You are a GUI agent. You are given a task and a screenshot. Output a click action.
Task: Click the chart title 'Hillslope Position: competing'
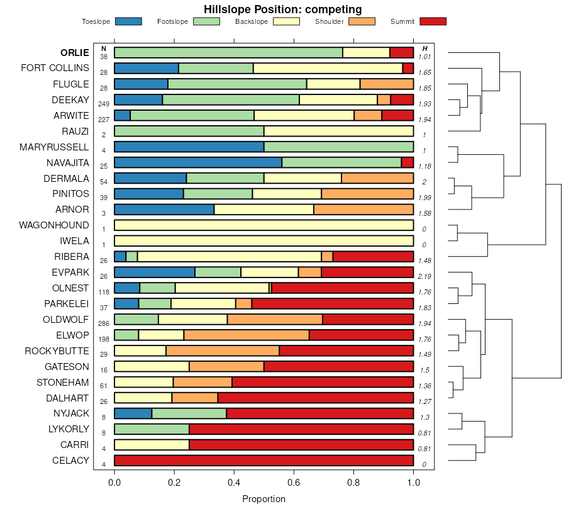(282, 9)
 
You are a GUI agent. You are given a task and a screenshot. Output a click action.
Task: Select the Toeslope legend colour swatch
(128, 21)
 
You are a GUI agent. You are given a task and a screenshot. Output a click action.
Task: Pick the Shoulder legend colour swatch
(361, 21)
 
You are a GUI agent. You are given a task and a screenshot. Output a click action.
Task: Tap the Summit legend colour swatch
(432, 21)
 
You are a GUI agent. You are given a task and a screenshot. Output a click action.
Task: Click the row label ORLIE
(74, 52)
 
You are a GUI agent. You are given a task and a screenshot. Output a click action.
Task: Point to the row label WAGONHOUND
(54, 225)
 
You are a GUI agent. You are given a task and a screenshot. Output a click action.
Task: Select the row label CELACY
(70, 461)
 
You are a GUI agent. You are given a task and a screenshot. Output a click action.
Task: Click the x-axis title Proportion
(264, 499)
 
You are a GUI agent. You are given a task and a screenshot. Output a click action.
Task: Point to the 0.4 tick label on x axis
(234, 483)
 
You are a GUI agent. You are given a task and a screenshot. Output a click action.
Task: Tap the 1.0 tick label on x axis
(413, 483)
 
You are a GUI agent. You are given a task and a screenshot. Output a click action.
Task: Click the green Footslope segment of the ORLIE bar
(228, 53)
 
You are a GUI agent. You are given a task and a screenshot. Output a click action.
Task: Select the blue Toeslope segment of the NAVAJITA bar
(198, 162)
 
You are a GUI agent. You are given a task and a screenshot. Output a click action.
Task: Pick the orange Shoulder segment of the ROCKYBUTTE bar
(223, 351)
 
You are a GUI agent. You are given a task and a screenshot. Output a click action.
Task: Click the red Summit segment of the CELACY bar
(264, 461)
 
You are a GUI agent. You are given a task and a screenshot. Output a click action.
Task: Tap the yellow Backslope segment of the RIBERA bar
(229, 257)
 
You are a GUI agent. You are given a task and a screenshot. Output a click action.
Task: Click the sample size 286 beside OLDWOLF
(104, 323)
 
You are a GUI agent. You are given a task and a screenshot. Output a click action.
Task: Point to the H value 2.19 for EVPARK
(425, 276)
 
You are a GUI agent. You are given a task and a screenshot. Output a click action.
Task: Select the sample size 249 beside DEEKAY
(104, 103)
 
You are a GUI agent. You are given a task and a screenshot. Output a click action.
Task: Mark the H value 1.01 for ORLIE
(425, 57)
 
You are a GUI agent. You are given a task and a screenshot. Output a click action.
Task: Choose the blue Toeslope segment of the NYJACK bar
(133, 413)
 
